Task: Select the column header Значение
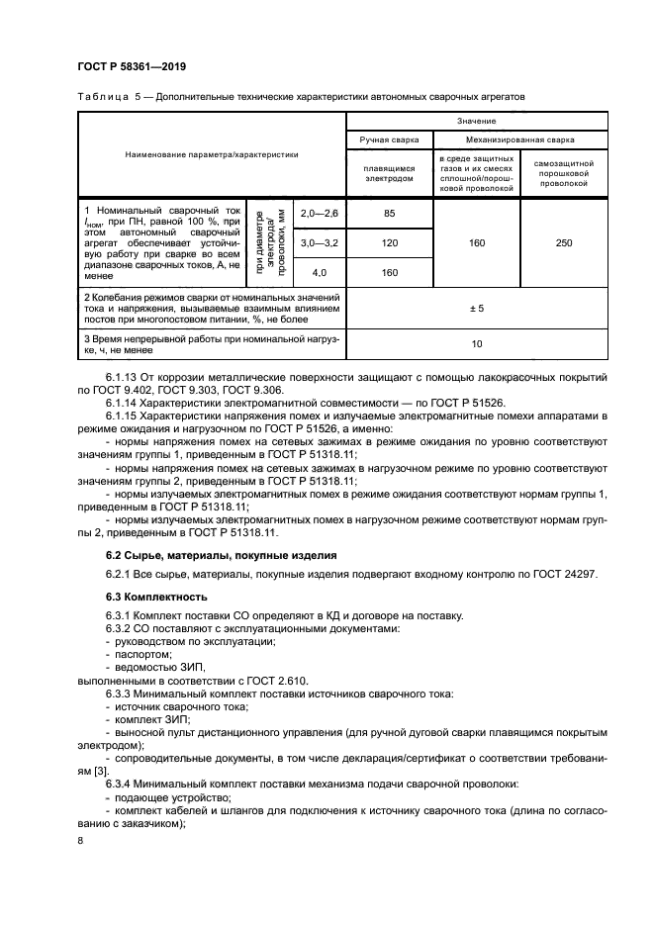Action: [476, 121]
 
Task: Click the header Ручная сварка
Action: [390, 139]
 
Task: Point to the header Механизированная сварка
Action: [520, 139]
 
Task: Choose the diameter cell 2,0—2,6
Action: [319, 214]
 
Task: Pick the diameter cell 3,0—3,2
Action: [319, 242]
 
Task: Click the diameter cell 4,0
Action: [319, 271]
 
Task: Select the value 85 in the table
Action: [390, 214]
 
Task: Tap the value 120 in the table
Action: [390, 242]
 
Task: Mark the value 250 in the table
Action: [564, 242]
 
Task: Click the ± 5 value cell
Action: [476, 309]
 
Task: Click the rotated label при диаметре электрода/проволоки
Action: [269, 242]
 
